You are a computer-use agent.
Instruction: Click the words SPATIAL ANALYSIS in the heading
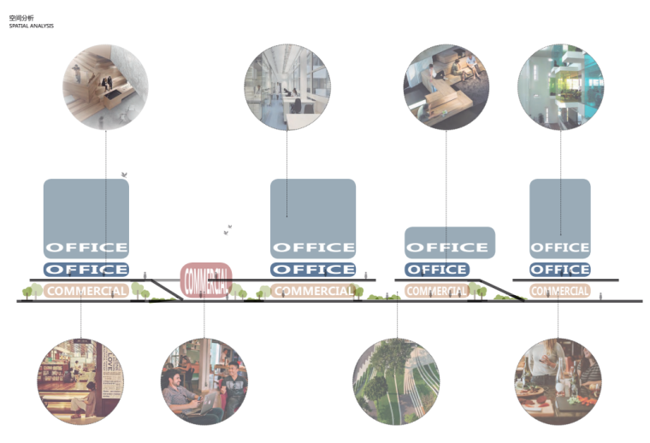tap(32, 26)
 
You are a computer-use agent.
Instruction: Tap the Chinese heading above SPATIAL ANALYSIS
tap(19, 17)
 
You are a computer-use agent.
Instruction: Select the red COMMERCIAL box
tap(205, 279)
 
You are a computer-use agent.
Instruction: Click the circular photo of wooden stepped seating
tap(105, 86)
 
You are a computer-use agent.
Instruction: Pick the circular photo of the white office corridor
tap(287, 86)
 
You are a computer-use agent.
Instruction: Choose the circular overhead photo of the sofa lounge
tap(446, 86)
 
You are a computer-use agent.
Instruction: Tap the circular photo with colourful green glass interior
tap(560, 86)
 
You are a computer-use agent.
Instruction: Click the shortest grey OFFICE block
tap(450, 243)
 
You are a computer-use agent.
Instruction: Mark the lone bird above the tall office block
tap(125, 174)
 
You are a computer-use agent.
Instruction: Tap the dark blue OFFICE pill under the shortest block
tap(436, 269)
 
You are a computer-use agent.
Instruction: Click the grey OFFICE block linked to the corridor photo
tap(313, 218)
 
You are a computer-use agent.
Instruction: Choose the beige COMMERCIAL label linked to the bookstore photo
tap(86, 291)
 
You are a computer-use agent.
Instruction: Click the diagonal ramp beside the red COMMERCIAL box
tap(168, 288)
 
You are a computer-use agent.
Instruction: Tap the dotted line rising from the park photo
tap(397, 321)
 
